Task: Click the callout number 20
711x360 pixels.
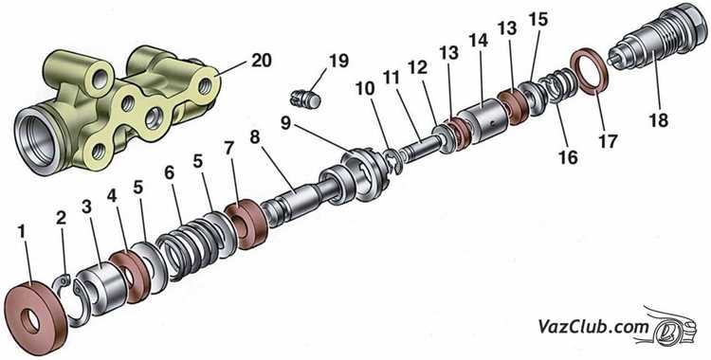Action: [262, 61]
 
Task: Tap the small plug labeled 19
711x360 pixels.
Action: [305, 99]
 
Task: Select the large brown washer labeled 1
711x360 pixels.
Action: [35, 317]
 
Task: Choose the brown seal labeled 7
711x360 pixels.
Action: [246, 225]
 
